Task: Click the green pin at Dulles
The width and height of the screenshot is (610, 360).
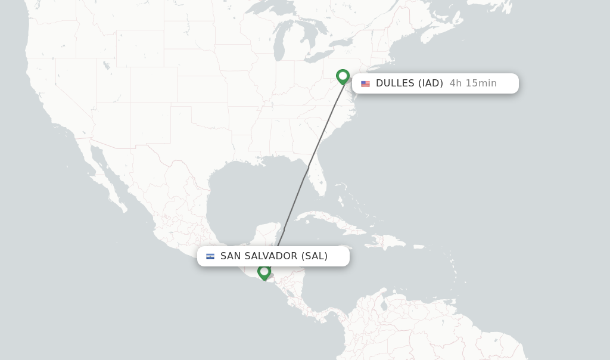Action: [x=343, y=76]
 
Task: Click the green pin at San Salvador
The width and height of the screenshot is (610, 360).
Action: [x=264, y=271]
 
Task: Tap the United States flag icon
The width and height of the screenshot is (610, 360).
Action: [x=365, y=84]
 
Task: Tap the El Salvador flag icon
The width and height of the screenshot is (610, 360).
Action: [x=210, y=256]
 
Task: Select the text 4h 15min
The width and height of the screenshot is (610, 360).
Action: [x=473, y=83]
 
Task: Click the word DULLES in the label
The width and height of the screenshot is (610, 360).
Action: [x=395, y=83]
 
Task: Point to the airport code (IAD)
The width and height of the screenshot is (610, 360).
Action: [x=431, y=83]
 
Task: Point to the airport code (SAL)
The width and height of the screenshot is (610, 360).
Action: [x=315, y=256]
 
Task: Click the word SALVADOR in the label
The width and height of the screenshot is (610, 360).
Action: [x=272, y=256]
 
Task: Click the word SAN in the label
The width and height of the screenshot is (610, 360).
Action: [x=231, y=256]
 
